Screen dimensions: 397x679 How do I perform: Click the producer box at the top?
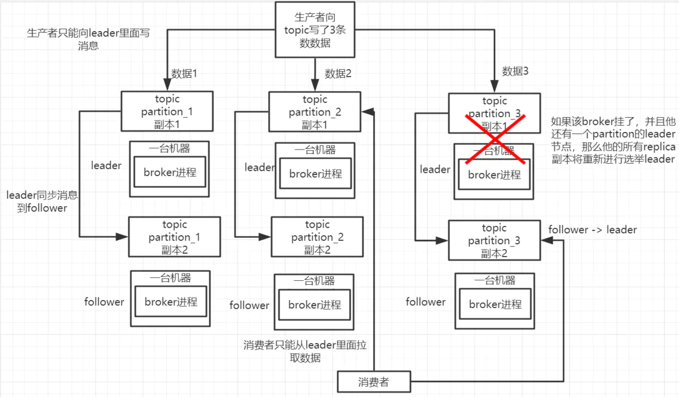tap(315, 29)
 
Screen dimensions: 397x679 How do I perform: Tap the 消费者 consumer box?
tap(373, 382)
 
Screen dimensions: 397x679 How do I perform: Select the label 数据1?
tap(184, 74)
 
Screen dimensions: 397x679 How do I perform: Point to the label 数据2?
tap(338, 74)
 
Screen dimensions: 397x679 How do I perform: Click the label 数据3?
tap(515, 71)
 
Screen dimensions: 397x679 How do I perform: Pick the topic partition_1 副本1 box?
tap(166, 112)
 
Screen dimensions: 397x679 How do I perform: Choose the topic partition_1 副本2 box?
tap(174, 237)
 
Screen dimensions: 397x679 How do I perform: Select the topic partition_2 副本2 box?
tap(317, 237)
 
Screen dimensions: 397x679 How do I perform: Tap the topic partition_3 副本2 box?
tap(494, 241)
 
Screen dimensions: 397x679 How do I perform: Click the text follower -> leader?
tap(592, 230)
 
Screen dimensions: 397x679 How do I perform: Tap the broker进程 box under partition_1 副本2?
tap(170, 302)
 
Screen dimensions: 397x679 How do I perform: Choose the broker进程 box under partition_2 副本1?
tap(315, 174)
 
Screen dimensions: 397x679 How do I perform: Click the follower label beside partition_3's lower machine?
tap(426, 302)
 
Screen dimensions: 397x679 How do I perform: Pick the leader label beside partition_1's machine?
tap(106, 165)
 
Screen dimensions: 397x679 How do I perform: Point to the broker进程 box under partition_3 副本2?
tap(495, 304)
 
